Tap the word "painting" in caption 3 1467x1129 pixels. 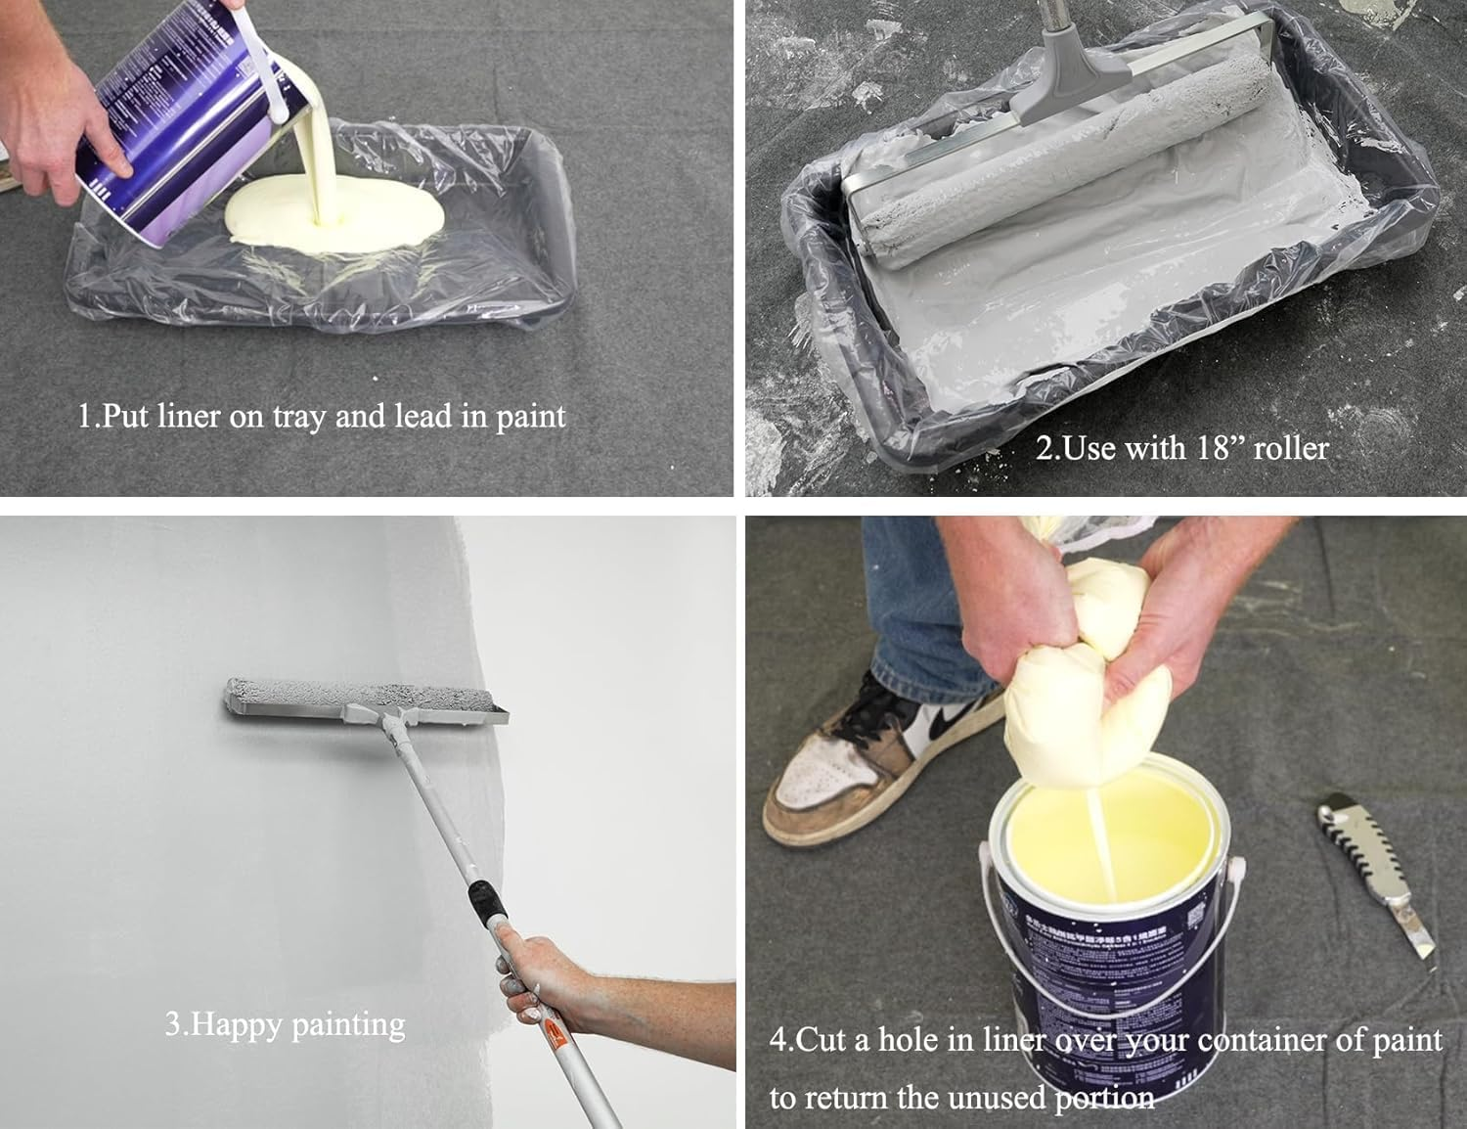[348, 1024]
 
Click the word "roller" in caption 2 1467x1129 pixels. [1290, 448]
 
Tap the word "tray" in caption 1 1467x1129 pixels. [299, 418]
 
